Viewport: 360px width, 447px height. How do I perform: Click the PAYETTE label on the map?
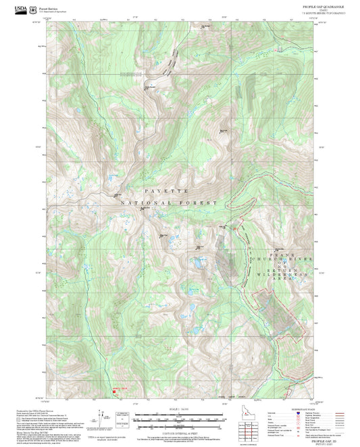(155, 192)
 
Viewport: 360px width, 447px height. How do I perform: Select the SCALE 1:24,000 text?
(179, 409)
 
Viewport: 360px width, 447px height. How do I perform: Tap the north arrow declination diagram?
(101, 415)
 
